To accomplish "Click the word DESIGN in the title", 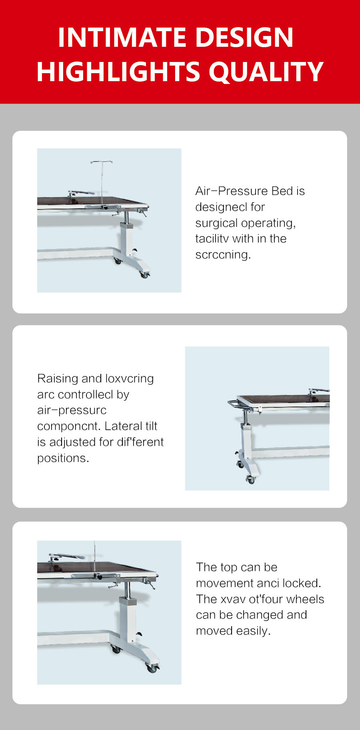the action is pyautogui.click(x=244, y=38).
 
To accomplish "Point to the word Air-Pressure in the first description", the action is pyautogui.click(x=231, y=191).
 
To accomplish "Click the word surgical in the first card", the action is pyautogui.click(x=216, y=223).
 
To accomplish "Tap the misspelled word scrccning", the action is pyautogui.click(x=223, y=255).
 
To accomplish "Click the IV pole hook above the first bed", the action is pyautogui.click(x=101, y=162).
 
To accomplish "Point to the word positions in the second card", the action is pyautogui.click(x=63, y=458).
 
